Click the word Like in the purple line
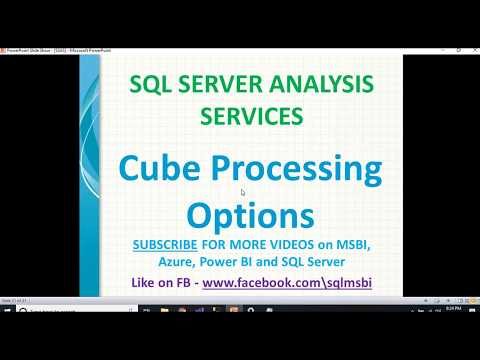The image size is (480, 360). point(144,283)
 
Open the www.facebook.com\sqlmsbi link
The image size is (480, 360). point(287,283)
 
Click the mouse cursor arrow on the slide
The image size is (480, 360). point(244,193)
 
